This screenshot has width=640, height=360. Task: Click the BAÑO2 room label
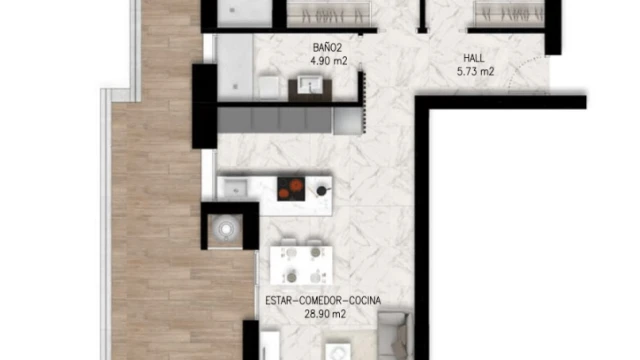[327, 48]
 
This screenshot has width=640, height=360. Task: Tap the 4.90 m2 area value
[329, 61]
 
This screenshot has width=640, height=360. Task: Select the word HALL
[474, 58]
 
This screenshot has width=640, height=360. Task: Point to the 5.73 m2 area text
[476, 71]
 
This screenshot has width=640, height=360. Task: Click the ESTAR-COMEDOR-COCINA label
[323, 301]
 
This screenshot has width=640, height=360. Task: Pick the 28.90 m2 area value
[325, 314]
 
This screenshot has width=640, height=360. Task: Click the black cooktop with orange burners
[291, 189]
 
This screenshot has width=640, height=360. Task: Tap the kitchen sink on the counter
[235, 188]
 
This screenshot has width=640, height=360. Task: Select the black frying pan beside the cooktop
[323, 190]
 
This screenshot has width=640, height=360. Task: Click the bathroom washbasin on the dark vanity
[309, 84]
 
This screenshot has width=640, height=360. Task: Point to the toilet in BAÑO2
[269, 87]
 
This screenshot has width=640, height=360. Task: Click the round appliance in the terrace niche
[225, 229]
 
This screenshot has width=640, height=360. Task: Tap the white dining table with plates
[301, 265]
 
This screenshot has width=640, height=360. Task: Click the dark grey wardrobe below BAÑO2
[274, 120]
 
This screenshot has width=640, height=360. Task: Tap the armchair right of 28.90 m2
[393, 335]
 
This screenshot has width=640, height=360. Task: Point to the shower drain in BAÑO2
[236, 86]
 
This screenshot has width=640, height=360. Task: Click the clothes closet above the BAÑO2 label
[329, 14]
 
